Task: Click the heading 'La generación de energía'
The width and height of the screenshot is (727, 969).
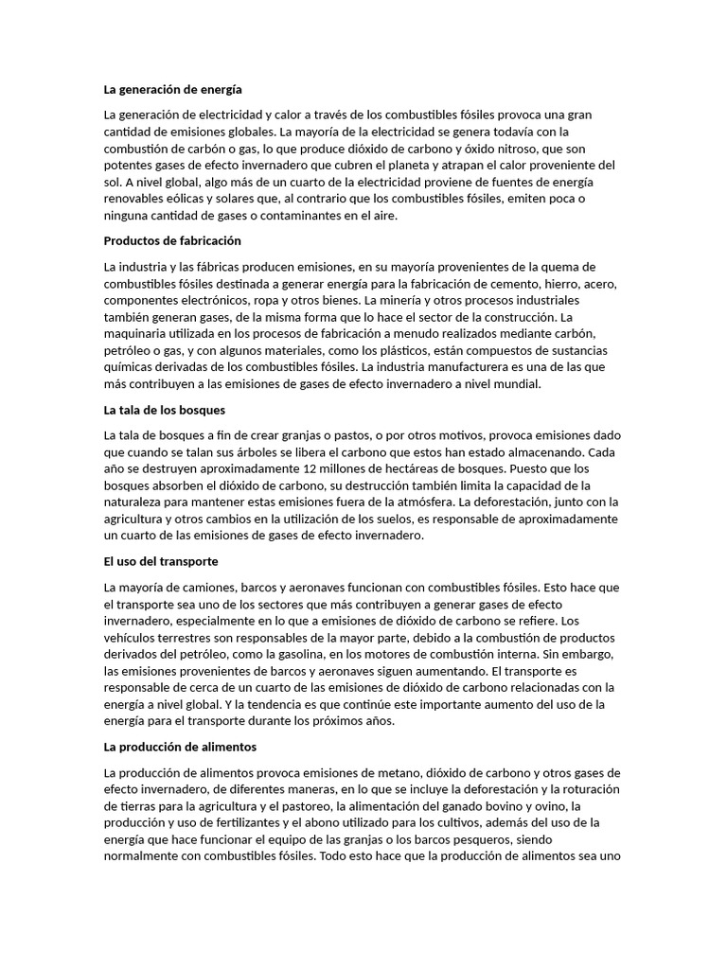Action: tap(172, 90)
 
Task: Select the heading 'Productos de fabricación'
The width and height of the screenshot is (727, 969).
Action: tap(172, 241)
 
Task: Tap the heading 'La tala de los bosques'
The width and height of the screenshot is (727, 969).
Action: tap(164, 410)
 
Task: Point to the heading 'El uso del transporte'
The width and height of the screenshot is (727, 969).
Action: tap(161, 561)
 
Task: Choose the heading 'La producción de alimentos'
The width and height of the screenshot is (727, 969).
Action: tap(180, 747)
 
